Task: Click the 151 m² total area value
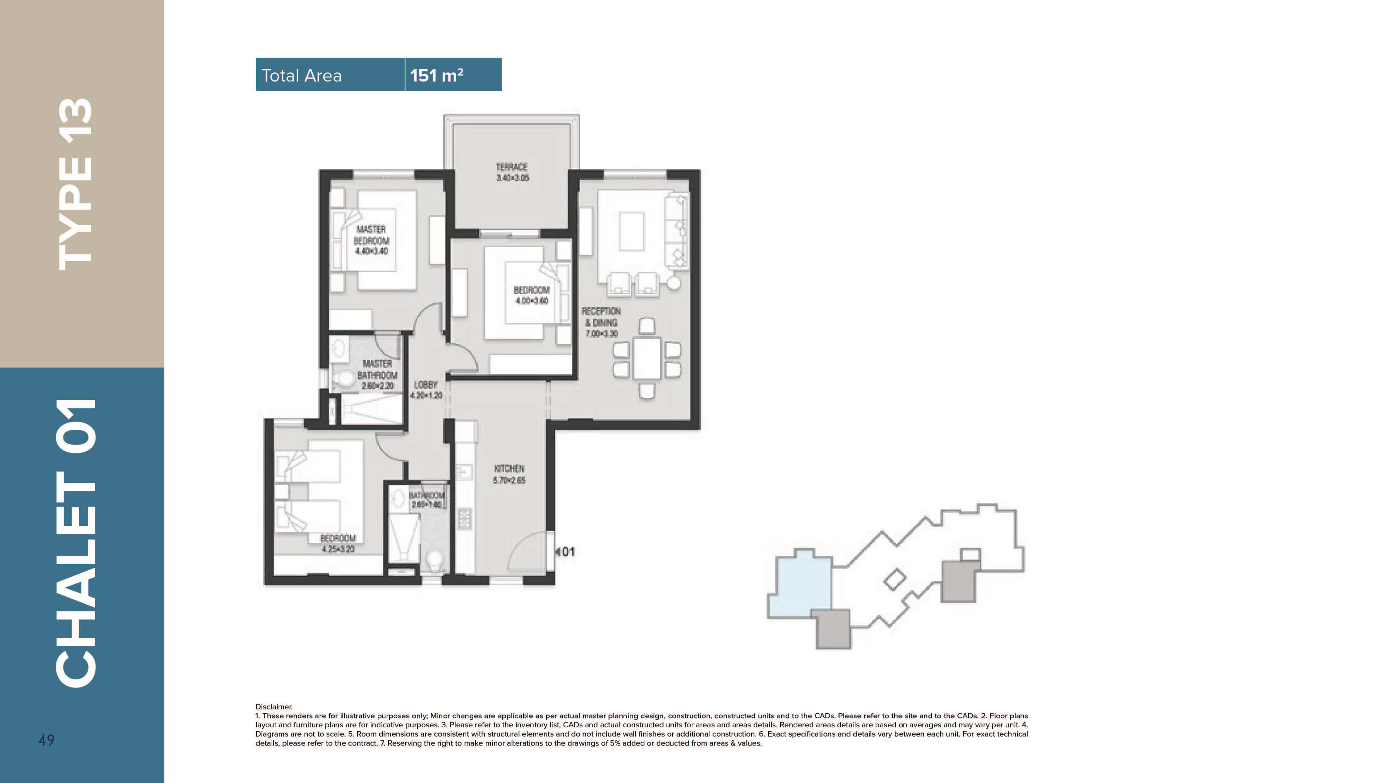coord(436,75)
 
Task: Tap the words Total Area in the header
coord(301,75)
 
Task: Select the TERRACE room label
coord(511,167)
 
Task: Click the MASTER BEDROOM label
coord(371,235)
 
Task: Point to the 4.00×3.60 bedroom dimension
coord(532,301)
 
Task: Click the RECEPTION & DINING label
coord(601,317)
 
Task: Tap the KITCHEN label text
coord(509,469)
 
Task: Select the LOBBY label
coord(426,385)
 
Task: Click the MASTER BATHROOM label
coord(377,369)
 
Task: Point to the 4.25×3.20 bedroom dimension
coord(338,549)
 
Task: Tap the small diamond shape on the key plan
coord(895,579)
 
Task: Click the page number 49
coord(47,740)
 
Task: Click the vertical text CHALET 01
coord(75,543)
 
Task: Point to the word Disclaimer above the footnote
coord(274,706)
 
